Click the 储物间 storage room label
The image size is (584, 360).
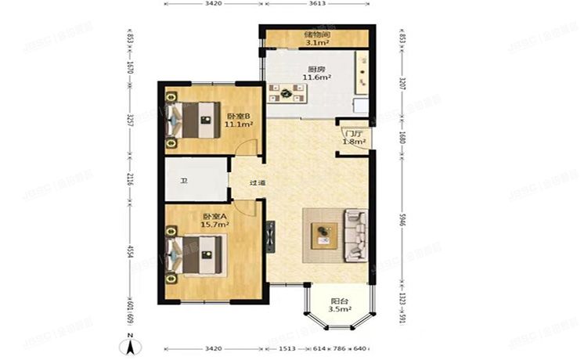click(x=317, y=36)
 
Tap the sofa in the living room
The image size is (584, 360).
click(x=357, y=233)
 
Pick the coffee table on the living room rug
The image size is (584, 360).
click(x=323, y=234)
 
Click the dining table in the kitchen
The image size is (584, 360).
click(x=287, y=94)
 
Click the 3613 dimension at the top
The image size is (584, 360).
click(x=317, y=4)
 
